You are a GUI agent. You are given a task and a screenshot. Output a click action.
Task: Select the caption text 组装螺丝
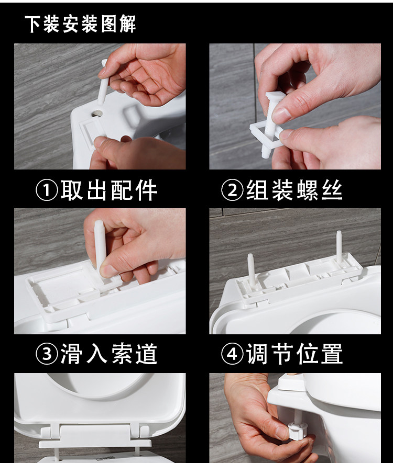click(x=294, y=191)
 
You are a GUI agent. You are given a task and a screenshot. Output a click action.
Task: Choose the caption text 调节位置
click(x=294, y=354)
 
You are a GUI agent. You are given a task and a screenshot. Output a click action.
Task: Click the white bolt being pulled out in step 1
click(x=104, y=84)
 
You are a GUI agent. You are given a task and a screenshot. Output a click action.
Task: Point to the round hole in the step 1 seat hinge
click(x=98, y=112)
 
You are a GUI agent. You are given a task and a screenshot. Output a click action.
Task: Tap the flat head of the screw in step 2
click(x=274, y=97)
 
